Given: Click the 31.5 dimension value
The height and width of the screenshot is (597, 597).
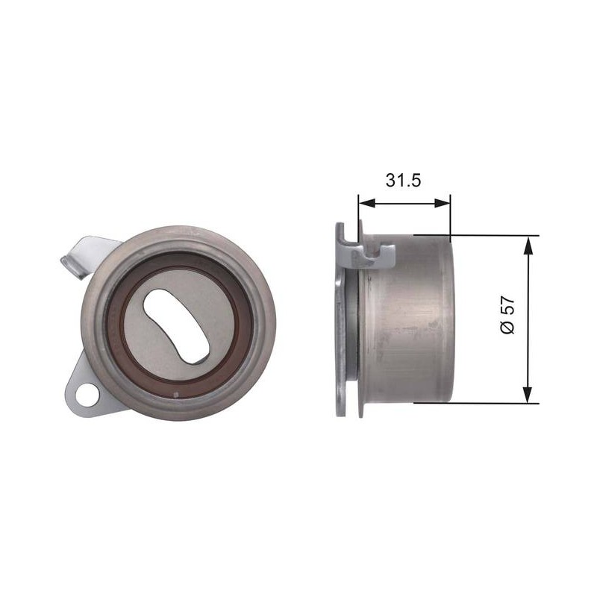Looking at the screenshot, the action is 403,180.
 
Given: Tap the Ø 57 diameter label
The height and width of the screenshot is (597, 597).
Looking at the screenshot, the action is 507,315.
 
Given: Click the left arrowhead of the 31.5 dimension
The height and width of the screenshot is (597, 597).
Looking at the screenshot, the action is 367,203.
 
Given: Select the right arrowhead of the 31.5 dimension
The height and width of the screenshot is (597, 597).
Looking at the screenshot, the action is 442,203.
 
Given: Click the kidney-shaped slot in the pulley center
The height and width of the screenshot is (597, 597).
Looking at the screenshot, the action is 176,326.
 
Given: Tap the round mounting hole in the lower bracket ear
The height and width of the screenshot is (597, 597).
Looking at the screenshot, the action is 87,396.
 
